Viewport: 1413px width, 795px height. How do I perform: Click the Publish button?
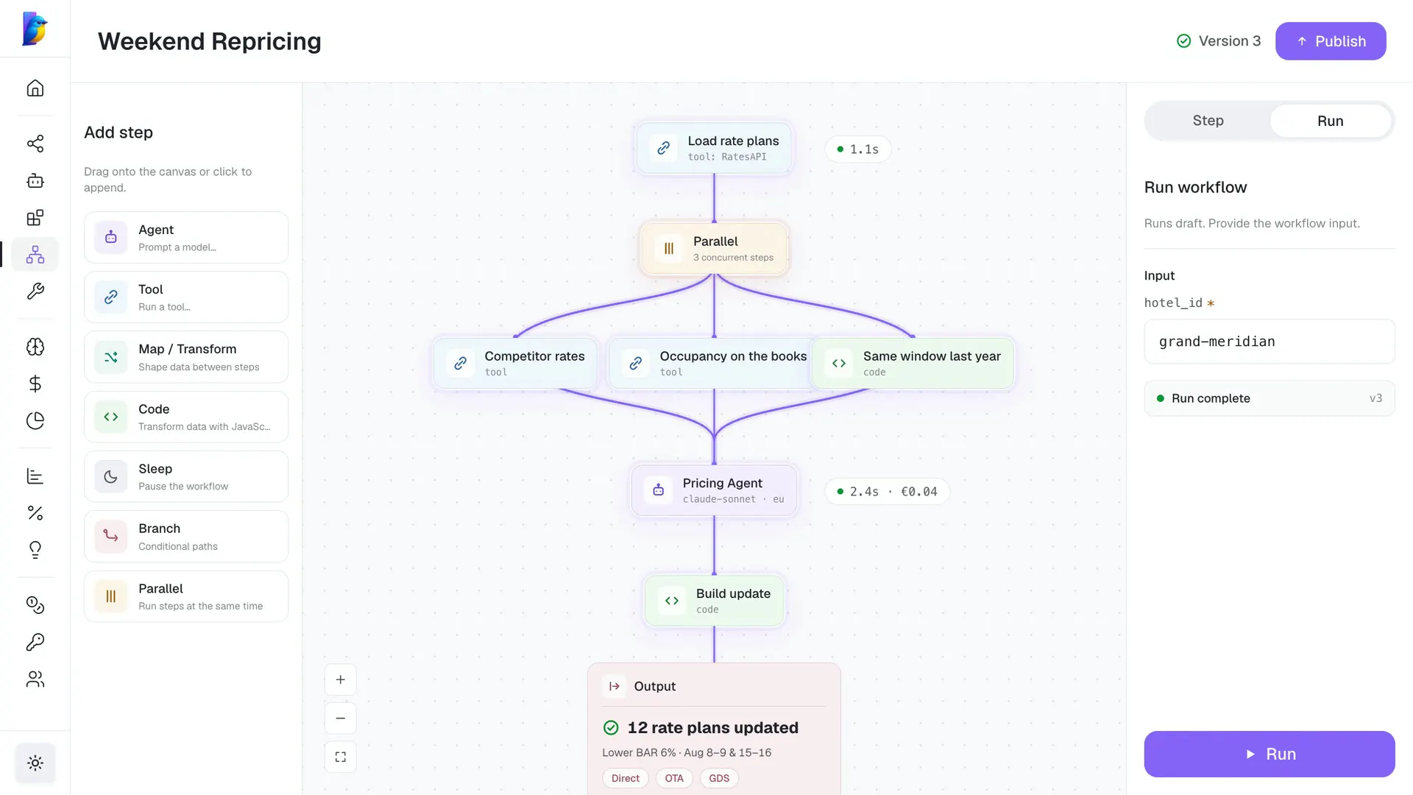click(x=1331, y=41)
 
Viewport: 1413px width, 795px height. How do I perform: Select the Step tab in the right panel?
click(x=1208, y=121)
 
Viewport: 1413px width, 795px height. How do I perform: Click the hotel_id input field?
click(x=1269, y=342)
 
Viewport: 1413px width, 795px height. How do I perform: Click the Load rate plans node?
click(x=714, y=148)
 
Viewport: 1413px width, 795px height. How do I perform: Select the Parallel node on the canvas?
click(x=714, y=249)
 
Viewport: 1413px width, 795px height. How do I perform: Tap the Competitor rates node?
click(x=515, y=364)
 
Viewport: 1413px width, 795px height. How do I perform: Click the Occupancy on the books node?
click(x=709, y=364)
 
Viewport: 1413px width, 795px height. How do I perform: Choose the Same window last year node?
click(x=913, y=364)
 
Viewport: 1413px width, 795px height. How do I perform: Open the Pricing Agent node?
click(x=714, y=490)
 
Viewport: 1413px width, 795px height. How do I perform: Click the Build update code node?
click(x=714, y=601)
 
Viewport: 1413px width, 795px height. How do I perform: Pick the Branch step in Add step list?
click(x=186, y=537)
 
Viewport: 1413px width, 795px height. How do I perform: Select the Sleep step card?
click(x=186, y=477)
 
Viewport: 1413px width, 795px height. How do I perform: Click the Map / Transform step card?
click(x=186, y=357)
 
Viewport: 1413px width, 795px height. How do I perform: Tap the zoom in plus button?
click(x=341, y=679)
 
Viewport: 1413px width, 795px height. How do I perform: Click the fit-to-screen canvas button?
click(x=341, y=757)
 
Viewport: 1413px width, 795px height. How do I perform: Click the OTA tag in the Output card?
click(x=674, y=778)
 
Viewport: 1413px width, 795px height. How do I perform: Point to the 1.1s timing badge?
click(x=857, y=149)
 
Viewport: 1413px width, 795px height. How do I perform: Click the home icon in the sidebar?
click(x=35, y=88)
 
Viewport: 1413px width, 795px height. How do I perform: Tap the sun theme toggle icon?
click(x=35, y=763)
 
